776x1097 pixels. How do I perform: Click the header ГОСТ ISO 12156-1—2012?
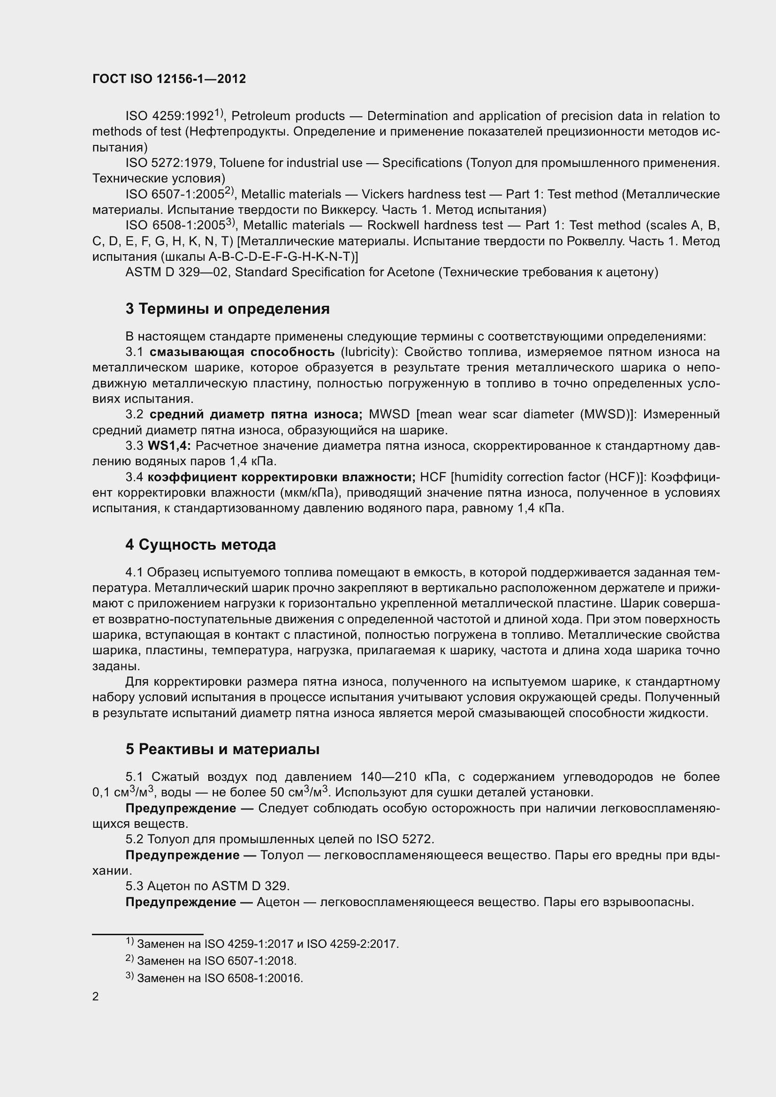[x=169, y=79]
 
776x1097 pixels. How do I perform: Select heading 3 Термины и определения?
[x=228, y=309]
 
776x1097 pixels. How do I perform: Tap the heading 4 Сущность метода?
[x=201, y=545]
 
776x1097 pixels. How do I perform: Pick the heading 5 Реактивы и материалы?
[x=223, y=749]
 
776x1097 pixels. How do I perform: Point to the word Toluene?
[x=242, y=163]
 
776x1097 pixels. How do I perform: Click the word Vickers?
[x=382, y=195]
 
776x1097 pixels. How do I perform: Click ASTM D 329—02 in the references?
[x=176, y=272]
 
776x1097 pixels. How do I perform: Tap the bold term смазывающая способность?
[x=242, y=352]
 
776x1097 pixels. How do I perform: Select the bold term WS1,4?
[x=169, y=446]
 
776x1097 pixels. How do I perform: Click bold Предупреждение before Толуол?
[x=182, y=855]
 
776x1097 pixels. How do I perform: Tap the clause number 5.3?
[x=134, y=886]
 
